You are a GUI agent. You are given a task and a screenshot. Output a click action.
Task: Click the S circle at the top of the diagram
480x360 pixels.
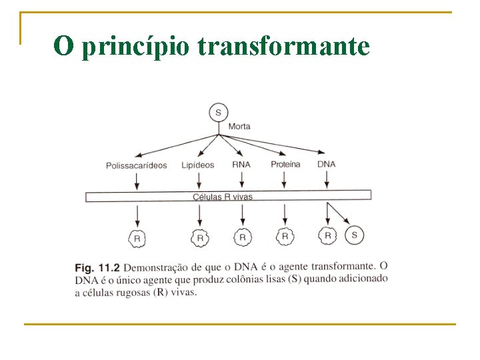point(218,112)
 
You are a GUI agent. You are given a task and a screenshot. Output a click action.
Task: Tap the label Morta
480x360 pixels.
point(239,127)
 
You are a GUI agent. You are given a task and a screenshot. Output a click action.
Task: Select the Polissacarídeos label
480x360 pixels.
point(137,165)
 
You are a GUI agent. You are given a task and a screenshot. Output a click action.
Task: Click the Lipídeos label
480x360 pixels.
point(198,165)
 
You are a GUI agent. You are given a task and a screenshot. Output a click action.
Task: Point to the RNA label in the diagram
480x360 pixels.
point(241,164)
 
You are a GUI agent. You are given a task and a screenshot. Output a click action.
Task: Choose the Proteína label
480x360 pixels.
point(285,164)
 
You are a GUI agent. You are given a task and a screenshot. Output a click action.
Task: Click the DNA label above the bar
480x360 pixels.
point(326,164)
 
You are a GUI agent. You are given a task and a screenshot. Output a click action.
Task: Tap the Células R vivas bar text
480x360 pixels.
point(223,197)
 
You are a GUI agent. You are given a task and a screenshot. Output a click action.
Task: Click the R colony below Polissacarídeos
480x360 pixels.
point(137,237)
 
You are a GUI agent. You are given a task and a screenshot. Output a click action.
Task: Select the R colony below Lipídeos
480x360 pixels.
point(199,237)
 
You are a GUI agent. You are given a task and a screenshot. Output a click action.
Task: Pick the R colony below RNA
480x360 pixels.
point(242,237)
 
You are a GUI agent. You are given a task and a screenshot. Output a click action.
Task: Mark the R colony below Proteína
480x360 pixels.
point(285,236)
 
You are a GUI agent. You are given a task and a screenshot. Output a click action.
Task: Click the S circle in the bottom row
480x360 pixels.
point(354,235)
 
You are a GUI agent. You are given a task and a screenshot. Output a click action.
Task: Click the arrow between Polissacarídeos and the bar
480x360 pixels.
point(137,180)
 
